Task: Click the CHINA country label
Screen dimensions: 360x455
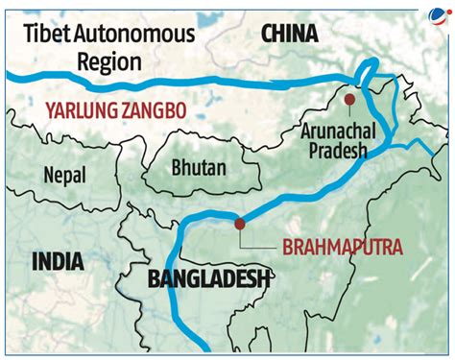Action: coord(288,35)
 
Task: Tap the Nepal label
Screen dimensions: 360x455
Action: coord(63,174)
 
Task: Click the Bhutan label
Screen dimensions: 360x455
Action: coord(198,167)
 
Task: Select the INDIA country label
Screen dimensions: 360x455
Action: coord(57,261)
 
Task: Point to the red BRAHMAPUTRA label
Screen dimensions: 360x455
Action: coord(344,247)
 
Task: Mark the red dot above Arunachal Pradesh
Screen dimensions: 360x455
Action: coord(349,99)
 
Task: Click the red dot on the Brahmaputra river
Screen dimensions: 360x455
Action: coord(240,224)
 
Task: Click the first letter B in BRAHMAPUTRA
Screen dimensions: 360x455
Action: coord(288,247)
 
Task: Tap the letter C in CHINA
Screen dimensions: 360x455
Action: coord(266,35)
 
